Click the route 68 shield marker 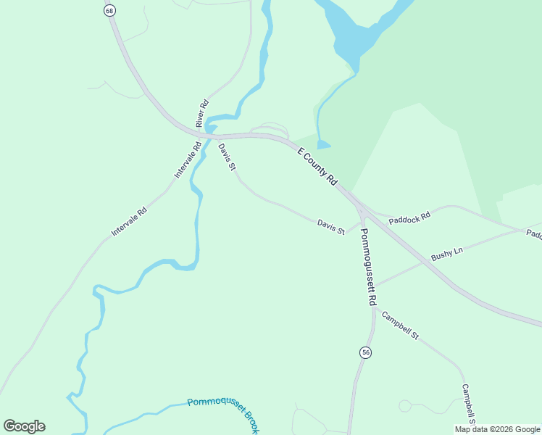point(109,10)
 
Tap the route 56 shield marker point(365,352)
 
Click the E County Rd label point(318,166)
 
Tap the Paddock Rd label point(409,217)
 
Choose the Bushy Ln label point(446,254)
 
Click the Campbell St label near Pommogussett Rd point(400,326)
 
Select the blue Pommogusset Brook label point(222,414)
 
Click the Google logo point(24,426)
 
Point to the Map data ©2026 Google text point(498,429)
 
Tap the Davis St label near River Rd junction point(227,157)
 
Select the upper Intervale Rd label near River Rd point(188,160)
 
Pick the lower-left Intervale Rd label point(129,222)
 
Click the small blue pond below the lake point(323,145)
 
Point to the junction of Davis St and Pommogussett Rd point(360,222)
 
